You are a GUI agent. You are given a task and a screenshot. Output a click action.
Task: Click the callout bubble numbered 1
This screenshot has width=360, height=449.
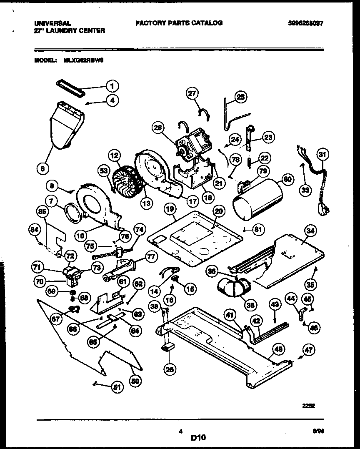pos(112,86)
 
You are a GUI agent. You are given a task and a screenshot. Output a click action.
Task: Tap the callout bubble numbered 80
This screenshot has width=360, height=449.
pos(288,180)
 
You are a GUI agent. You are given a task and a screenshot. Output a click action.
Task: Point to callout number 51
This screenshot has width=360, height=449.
pos(118,387)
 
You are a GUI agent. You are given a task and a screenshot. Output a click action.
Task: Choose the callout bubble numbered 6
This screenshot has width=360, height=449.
pos(43,168)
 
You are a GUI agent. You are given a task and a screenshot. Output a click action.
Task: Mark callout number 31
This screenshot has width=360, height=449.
pos(321,155)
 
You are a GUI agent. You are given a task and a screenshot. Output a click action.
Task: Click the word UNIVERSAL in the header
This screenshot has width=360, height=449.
pos(52,23)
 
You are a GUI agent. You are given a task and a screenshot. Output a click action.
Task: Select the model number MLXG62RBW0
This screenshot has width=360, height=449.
pos(84,60)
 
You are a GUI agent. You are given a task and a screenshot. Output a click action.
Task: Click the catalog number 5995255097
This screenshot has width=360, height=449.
pos(305,23)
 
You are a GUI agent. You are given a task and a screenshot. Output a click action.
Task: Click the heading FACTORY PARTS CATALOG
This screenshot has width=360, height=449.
pos(179,23)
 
